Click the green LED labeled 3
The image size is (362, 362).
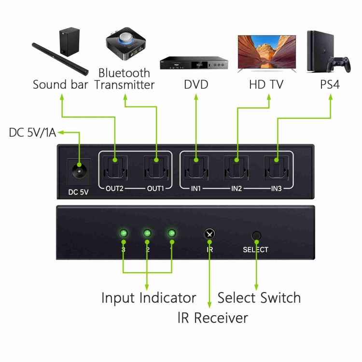[124, 234]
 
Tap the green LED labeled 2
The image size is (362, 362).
[147, 234]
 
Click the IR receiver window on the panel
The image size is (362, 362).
[209, 234]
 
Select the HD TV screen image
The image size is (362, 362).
[267, 52]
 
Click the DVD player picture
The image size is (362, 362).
[194, 64]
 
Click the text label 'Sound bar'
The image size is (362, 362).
[60, 85]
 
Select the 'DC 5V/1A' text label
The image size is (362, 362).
[32, 132]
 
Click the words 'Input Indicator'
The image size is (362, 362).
[149, 298]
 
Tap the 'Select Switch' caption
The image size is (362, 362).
[259, 298]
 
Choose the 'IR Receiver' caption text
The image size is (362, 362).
[212, 318]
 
